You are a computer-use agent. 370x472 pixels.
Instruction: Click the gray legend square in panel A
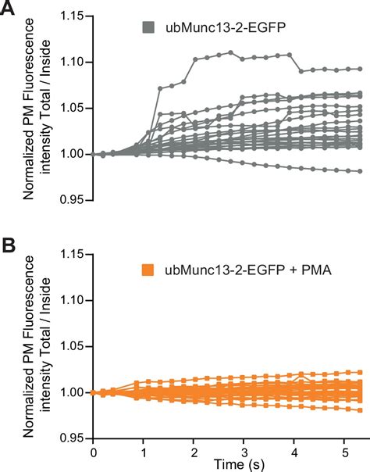pyautogui.click(x=148, y=27)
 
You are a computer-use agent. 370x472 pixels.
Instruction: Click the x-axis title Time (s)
pyautogui.click(x=226, y=464)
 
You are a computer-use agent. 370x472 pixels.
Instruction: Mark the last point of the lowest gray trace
pyautogui.click(x=359, y=171)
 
